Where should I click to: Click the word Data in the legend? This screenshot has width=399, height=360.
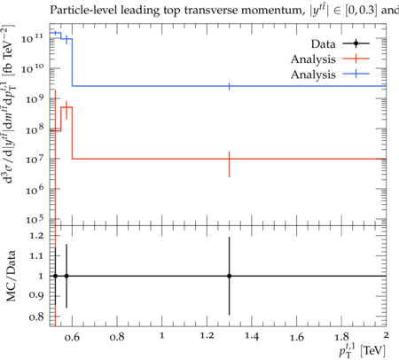pyautogui.click(x=323, y=44)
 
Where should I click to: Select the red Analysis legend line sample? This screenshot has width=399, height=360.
pyautogui.click(x=356, y=59)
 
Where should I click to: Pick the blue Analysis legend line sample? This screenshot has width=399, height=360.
pyautogui.click(x=356, y=74)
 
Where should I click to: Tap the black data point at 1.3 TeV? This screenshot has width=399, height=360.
pyautogui.click(x=229, y=276)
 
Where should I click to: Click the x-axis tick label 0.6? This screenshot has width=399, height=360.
pyautogui.click(x=72, y=337)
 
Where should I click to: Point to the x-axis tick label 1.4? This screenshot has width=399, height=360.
pyautogui.click(x=252, y=336)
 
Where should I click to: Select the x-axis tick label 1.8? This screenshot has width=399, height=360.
pyautogui.click(x=341, y=336)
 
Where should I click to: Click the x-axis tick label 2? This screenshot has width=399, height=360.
pyautogui.click(x=386, y=335)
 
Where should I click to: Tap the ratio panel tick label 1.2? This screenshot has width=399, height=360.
pyautogui.click(x=36, y=236)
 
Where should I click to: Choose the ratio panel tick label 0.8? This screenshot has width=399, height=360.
pyautogui.click(x=36, y=317)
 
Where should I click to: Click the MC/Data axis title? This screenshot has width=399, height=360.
pyautogui.click(x=11, y=276)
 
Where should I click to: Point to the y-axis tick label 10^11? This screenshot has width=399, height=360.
pyautogui.click(x=32, y=37)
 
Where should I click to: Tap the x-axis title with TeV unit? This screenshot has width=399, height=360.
pyautogui.click(x=363, y=350)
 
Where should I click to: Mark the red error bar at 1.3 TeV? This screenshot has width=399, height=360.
pyautogui.click(x=229, y=164)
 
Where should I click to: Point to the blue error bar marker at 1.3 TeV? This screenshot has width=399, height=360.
pyautogui.click(x=229, y=86)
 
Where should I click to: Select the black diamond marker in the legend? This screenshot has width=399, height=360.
pyautogui.click(x=356, y=43)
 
